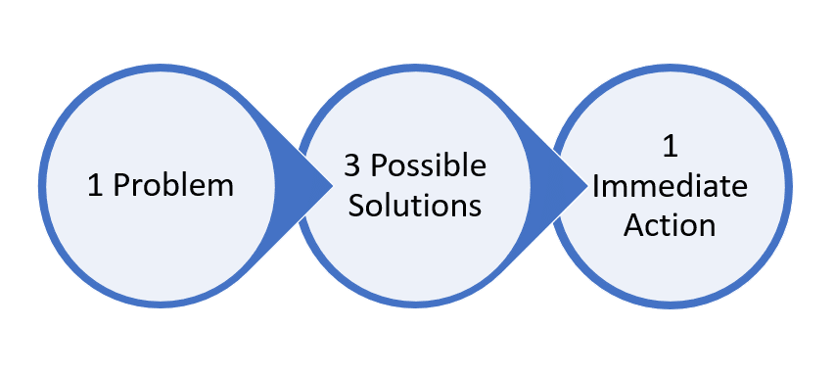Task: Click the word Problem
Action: coord(174,186)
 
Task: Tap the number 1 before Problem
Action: coord(95,186)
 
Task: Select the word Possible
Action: coord(427,165)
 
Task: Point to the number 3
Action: coord(350,165)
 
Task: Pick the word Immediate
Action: coord(670,186)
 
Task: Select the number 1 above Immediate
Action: coord(670,148)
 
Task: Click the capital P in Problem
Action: coord(120,186)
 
